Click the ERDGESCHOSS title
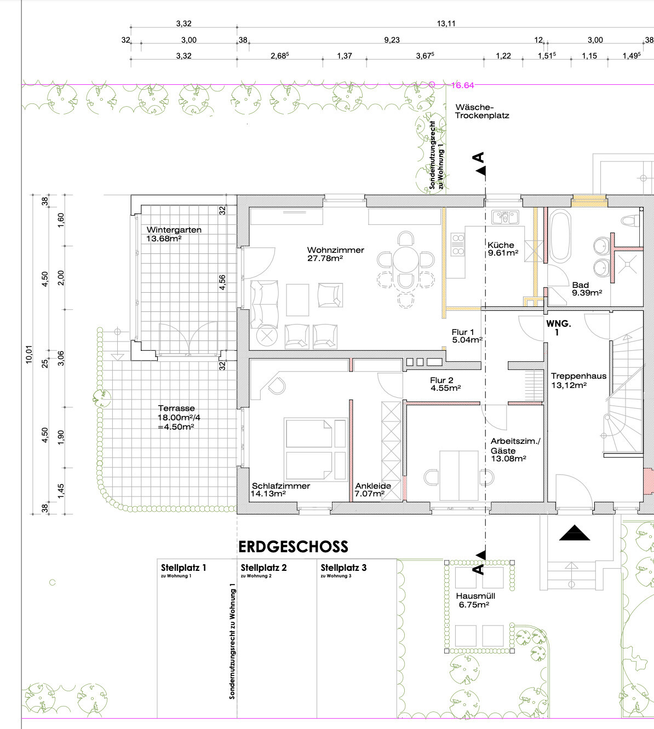293,547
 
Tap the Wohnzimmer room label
335,250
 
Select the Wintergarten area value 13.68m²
164,239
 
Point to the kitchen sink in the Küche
505,217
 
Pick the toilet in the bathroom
631,220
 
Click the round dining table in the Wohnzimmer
406,259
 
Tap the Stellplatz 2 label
263,568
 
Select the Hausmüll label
475,596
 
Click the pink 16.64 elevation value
462,85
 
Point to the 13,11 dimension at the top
446,24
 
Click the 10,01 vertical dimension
29,355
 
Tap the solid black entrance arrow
575,533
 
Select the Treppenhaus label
578,376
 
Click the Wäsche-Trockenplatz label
482,112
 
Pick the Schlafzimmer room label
281,486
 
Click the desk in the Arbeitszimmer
459,476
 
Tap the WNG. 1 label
558,328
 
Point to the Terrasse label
176,408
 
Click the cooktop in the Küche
458,244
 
